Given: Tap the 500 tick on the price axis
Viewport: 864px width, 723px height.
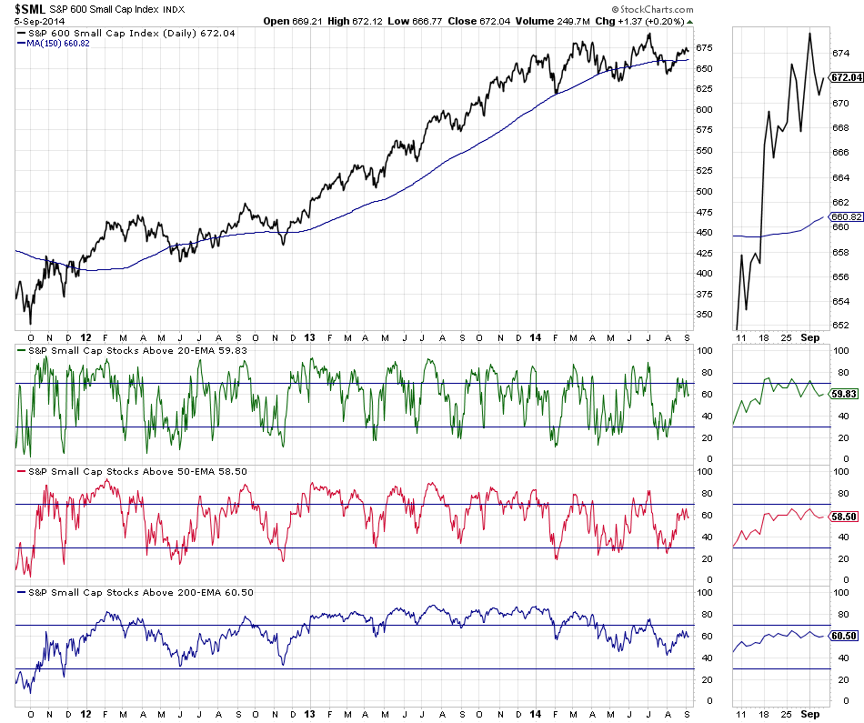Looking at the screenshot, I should (x=704, y=191).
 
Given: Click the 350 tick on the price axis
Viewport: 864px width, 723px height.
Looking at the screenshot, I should (x=704, y=314).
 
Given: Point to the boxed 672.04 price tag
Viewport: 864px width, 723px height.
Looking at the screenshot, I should (x=845, y=78).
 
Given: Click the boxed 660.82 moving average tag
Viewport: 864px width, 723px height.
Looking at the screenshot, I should (x=845, y=216).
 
